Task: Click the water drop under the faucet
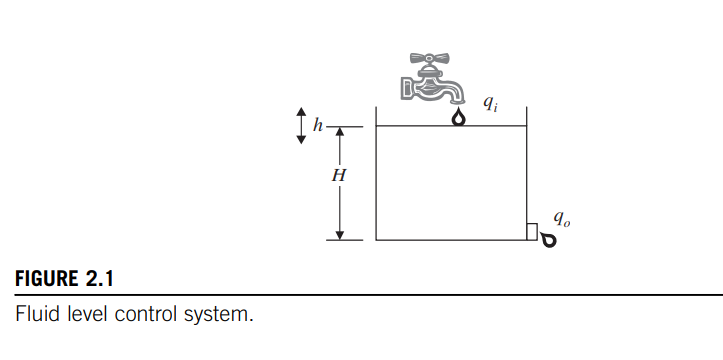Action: (x=458, y=118)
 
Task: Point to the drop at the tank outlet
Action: (x=547, y=239)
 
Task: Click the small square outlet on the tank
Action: (x=531, y=232)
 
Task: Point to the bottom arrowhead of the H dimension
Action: (x=340, y=234)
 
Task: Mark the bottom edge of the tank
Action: (x=450, y=240)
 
